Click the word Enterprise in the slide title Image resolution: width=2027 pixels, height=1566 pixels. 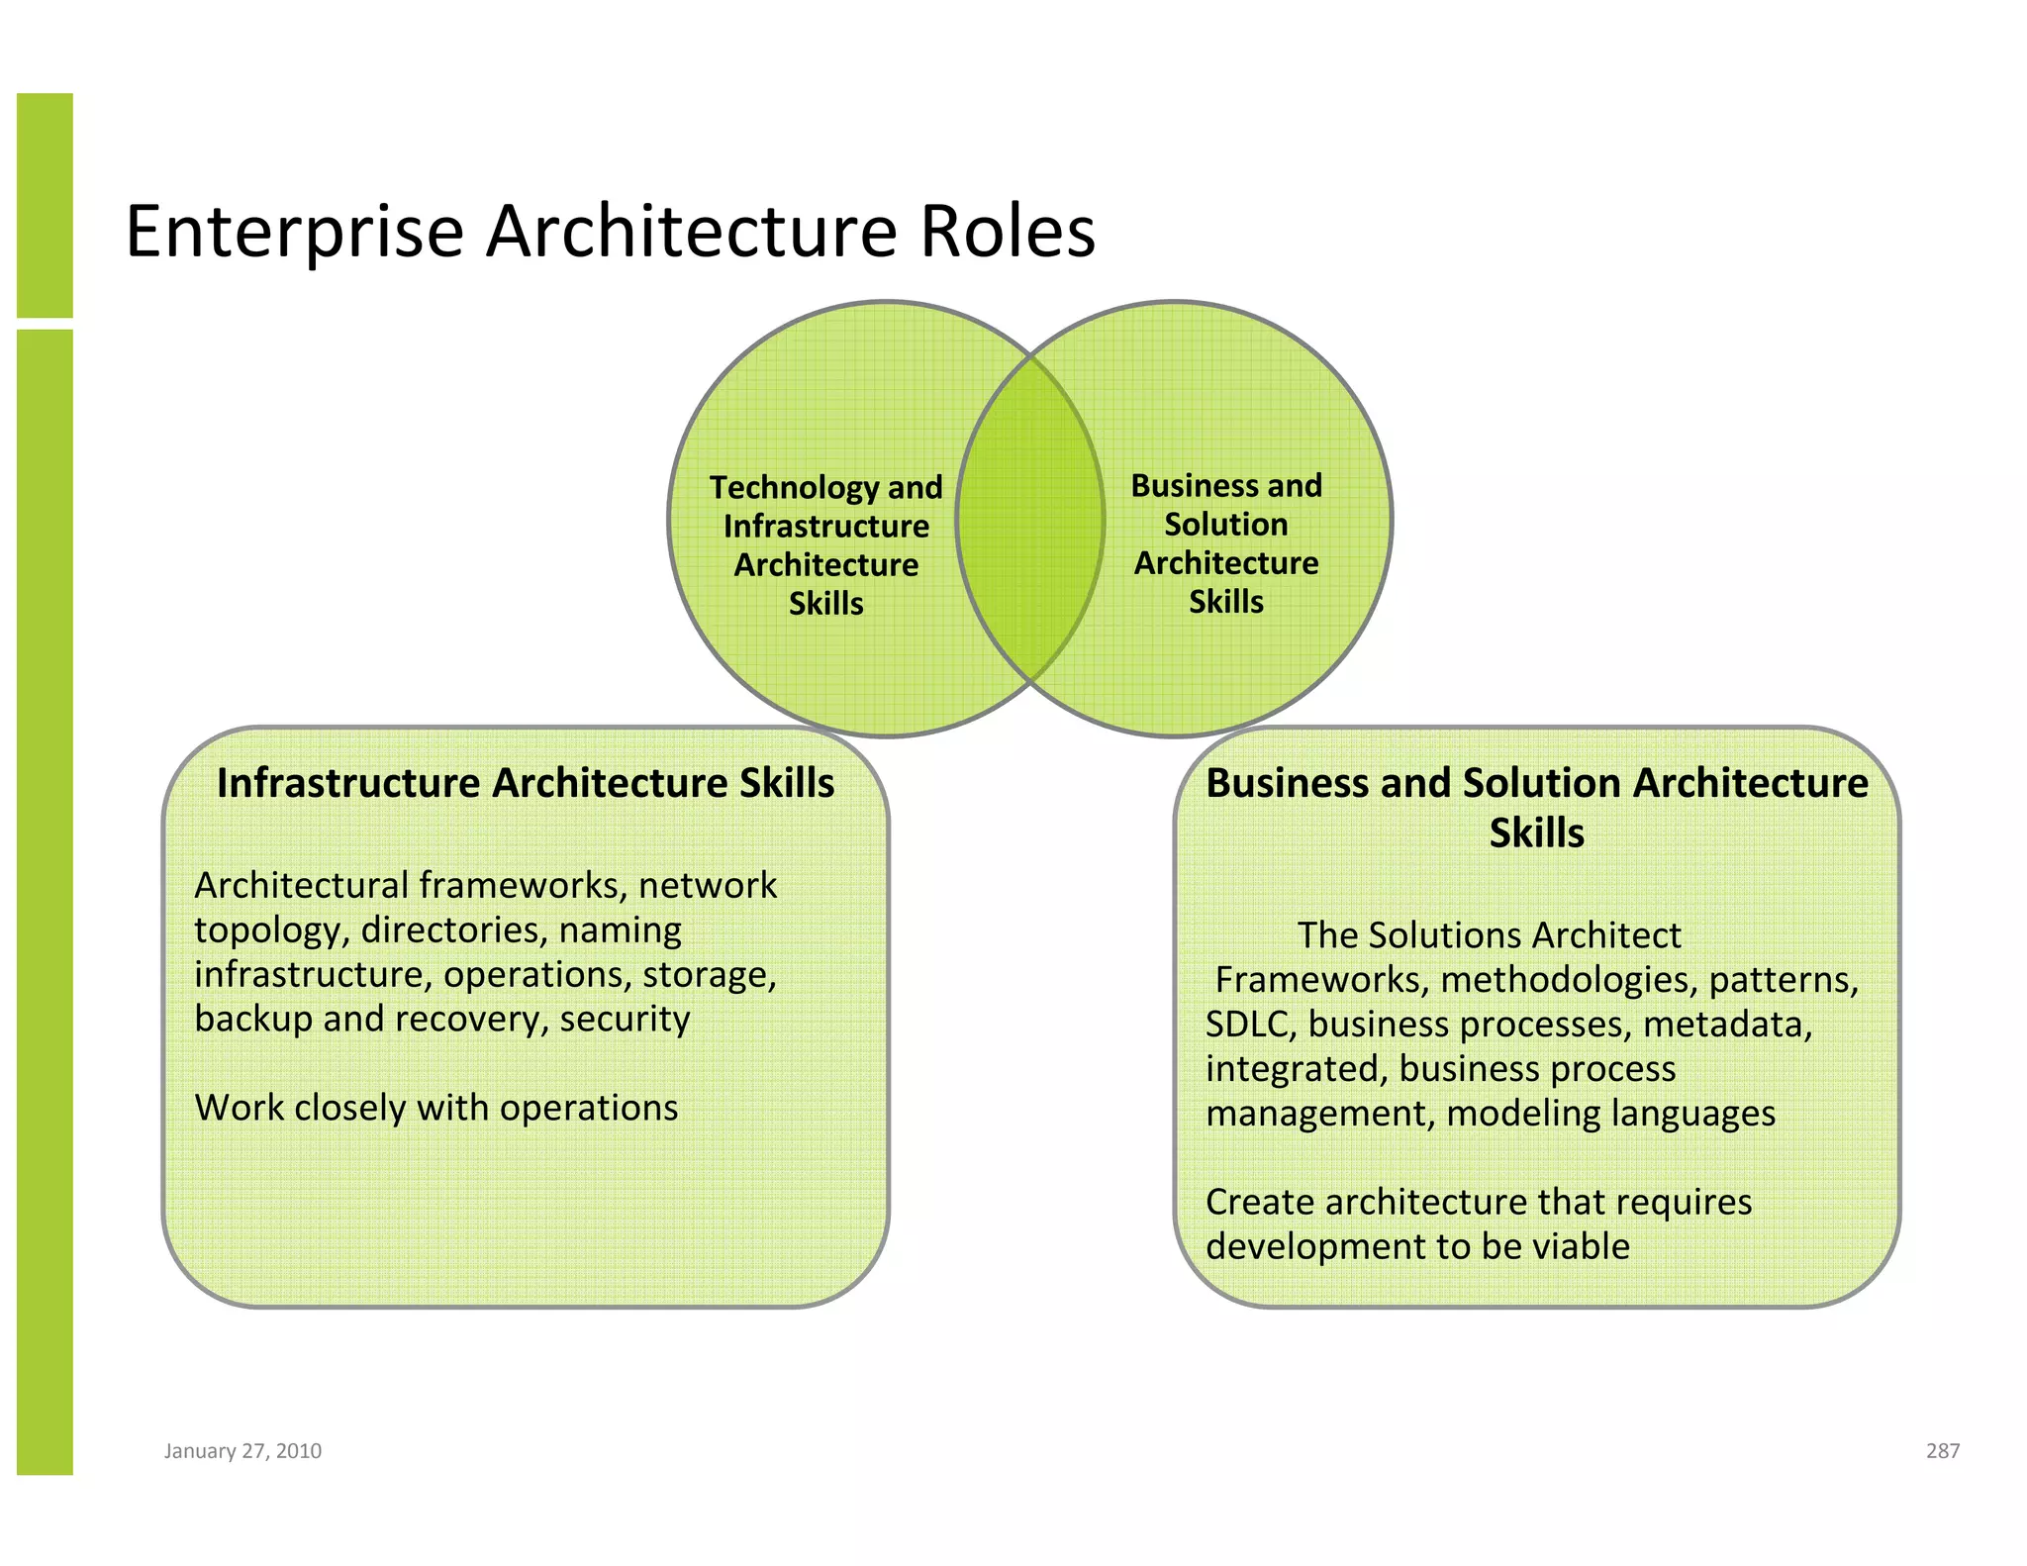pos(294,233)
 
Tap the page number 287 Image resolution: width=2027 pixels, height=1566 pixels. pos(1942,1450)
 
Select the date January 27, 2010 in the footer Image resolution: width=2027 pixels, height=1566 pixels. pos(242,1450)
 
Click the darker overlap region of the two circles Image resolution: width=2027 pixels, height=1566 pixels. pos(1030,519)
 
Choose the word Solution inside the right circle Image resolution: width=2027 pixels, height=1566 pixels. pos(1225,524)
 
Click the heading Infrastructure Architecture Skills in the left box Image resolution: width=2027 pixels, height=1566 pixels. pos(526,782)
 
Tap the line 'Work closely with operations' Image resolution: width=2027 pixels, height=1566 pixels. pos(436,1107)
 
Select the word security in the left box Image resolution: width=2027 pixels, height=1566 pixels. pos(625,1018)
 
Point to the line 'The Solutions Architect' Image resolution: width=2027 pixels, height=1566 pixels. pos(1489,934)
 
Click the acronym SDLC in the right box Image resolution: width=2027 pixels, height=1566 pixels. pos(1249,1024)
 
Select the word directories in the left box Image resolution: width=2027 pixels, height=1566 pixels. pos(453,930)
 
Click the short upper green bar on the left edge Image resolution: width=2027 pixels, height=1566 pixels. pos(45,205)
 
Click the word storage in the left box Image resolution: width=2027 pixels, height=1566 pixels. pos(709,974)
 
